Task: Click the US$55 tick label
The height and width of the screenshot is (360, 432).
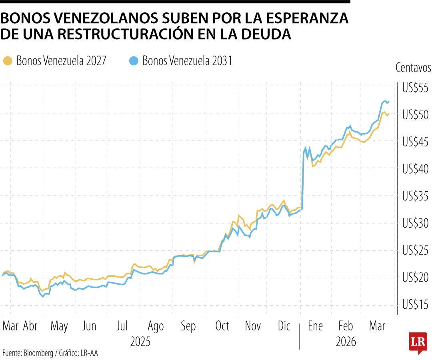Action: click(x=415, y=88)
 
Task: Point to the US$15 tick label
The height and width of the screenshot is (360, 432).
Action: click(x=415, y=305)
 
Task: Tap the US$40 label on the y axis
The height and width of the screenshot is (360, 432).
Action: click(x=415, y=169)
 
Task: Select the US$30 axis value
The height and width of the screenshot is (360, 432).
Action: click(x=415, y=224)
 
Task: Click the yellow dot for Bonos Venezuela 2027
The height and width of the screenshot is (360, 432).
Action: click(x=7, y=61)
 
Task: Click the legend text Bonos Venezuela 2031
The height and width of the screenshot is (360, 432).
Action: click(x=187, y=61)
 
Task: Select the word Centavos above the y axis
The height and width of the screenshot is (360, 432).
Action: click(x=413, y=68)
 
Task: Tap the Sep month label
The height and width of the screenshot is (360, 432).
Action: click(x=188, y=326)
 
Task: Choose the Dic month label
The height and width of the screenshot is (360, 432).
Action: click(x=284, y=326)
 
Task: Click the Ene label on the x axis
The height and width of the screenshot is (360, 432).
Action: click(x=315, y=326)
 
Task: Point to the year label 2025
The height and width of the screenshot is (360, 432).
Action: click(x=140, y=342)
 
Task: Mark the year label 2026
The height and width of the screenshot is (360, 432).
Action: click(x=346, y=342)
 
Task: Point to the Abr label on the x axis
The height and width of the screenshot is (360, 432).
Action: click(x=30, y=326)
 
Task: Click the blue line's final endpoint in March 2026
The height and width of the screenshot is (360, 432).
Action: click(x=389, y=102)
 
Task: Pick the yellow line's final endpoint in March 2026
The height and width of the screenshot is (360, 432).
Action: click(x=389, y=114)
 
